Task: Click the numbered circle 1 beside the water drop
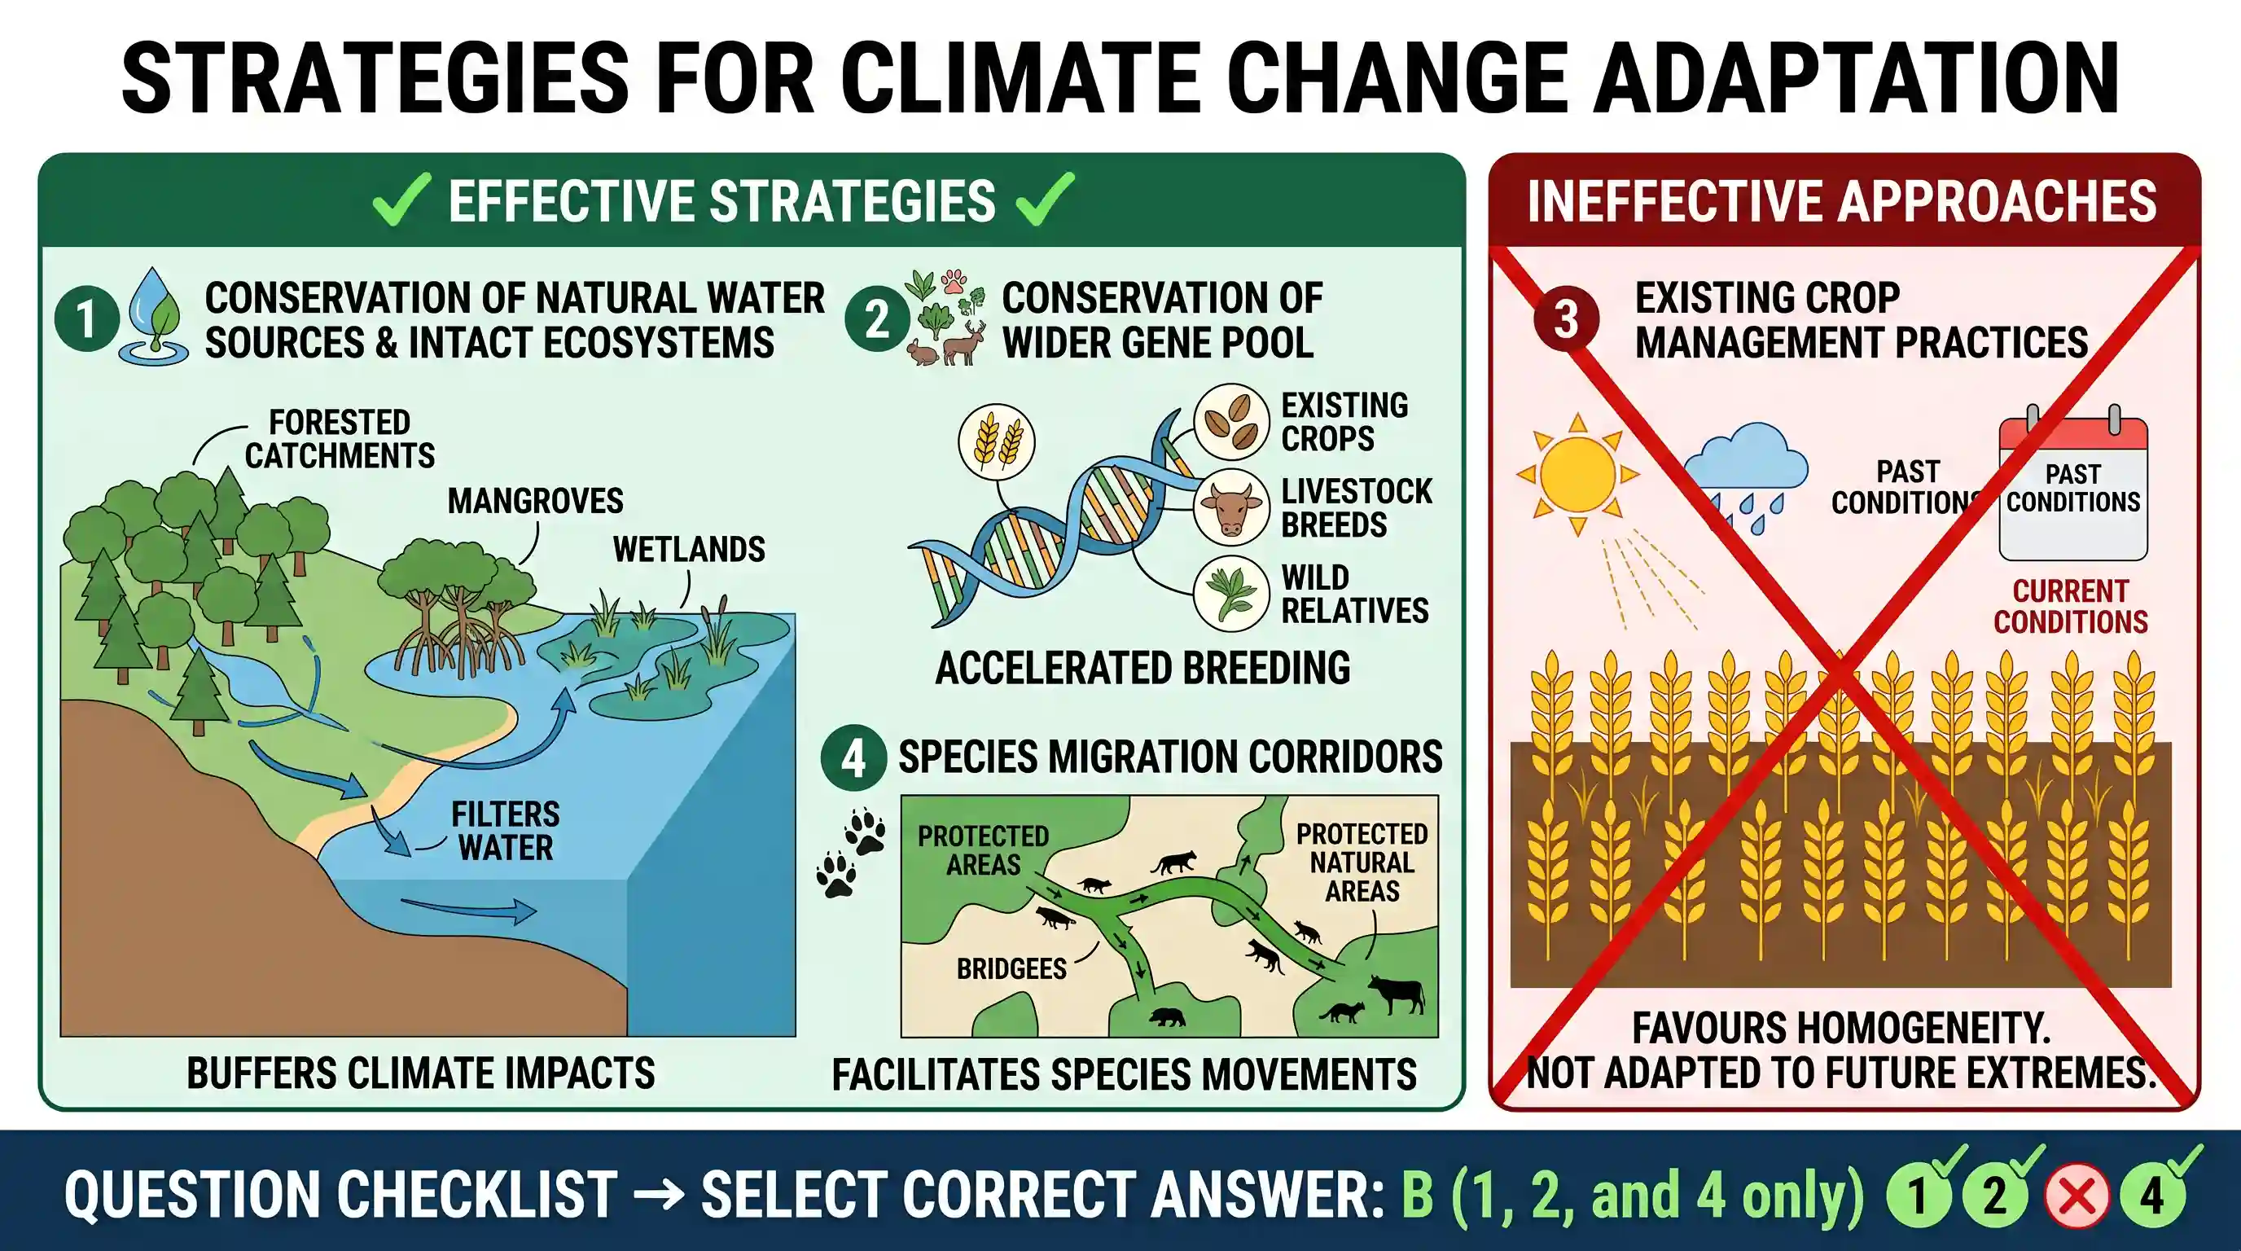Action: click(86, 318)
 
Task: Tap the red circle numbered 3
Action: click(1566, 318)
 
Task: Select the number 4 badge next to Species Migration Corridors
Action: click(853, 757)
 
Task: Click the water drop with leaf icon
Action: click(156, 317)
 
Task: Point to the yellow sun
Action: click(1577, 475)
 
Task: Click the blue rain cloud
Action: click(1743, 470)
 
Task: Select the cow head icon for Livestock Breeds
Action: click(1231, 507)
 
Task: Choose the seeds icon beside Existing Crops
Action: click(1231, 422)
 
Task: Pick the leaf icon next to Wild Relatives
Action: click(1231, 593)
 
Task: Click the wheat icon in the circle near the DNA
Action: click(997, 442)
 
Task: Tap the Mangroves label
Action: click(535, 501)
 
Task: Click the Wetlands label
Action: click(689, 550)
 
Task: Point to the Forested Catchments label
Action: click(340, 439)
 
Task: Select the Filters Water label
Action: click(506, 831)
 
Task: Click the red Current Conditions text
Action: click(2071, 607)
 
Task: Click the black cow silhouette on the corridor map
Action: click(1396, 994)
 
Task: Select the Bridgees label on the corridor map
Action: click(1011, 969)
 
